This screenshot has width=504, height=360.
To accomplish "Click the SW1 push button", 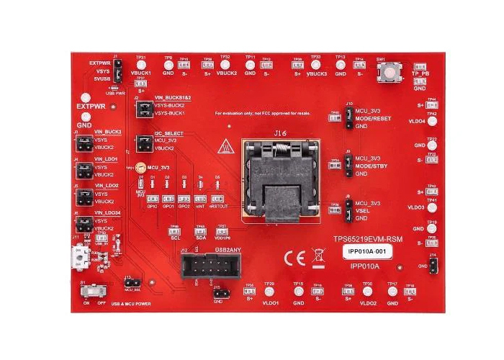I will pyautogui.click(x=390, y=72).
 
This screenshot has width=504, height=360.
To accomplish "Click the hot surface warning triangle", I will pyautogui.click(x=225, y=145).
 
